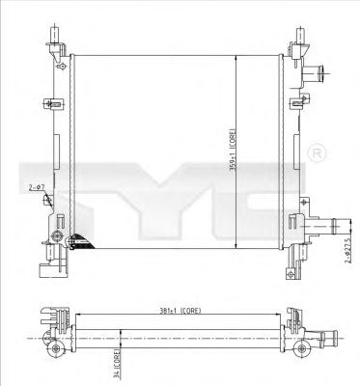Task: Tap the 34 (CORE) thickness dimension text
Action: coord(115,366)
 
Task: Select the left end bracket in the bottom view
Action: coord(53,323)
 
